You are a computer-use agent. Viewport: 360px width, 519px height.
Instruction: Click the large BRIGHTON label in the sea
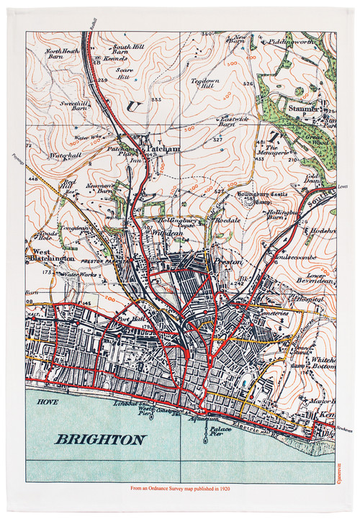pyautogui.click(x=101, y=439)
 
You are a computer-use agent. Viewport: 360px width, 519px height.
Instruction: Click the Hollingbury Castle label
pyautogui.click(x=265, y=194)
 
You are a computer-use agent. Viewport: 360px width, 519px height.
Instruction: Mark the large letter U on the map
pyautogui.click(x=131, y=107)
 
